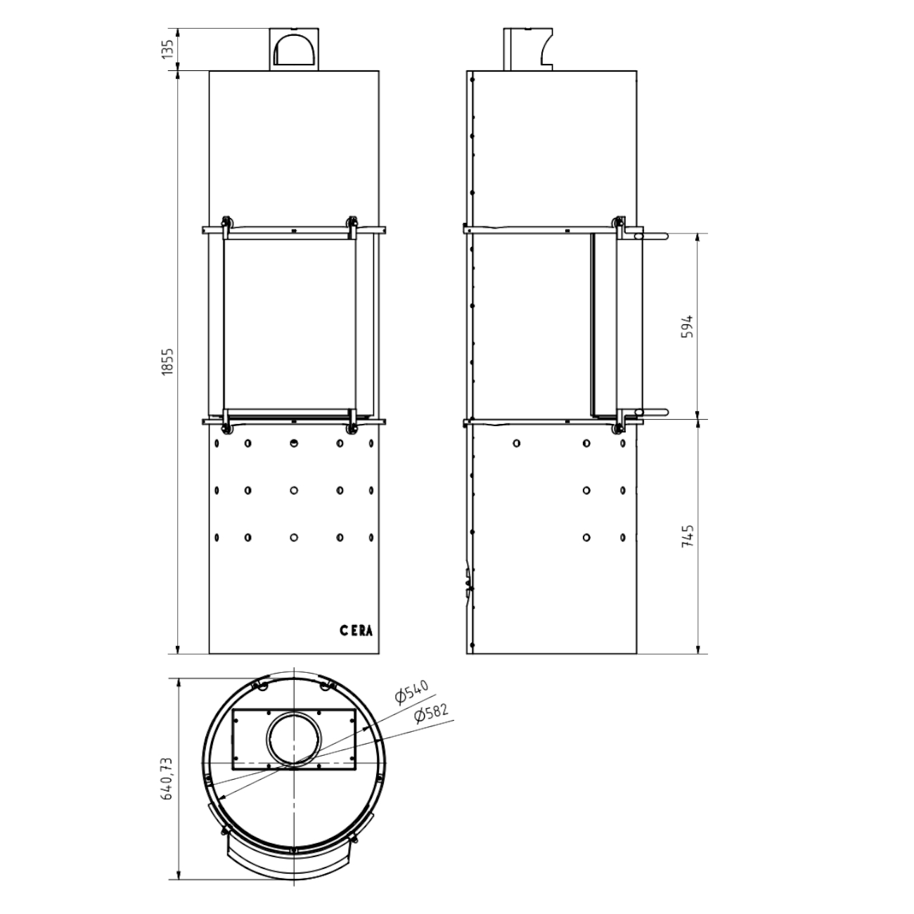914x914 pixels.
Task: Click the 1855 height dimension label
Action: [167, 361]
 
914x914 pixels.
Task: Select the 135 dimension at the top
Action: [168, 49]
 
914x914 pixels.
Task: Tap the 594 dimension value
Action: [688, 326]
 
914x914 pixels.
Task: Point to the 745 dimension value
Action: [688, 536]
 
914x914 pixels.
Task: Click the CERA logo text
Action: [356, 631]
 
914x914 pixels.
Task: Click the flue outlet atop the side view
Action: [528, 49]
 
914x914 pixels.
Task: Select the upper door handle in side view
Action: [650, 237]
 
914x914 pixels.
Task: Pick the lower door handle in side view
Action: [650, 413]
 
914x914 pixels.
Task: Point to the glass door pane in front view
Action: [288, 323]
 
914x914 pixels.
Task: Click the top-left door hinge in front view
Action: [226, 225]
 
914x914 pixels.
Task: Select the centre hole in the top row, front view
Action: [293, 443]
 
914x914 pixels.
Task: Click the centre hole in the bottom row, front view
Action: [293, 537]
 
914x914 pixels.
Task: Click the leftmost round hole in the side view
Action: [517, 444]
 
